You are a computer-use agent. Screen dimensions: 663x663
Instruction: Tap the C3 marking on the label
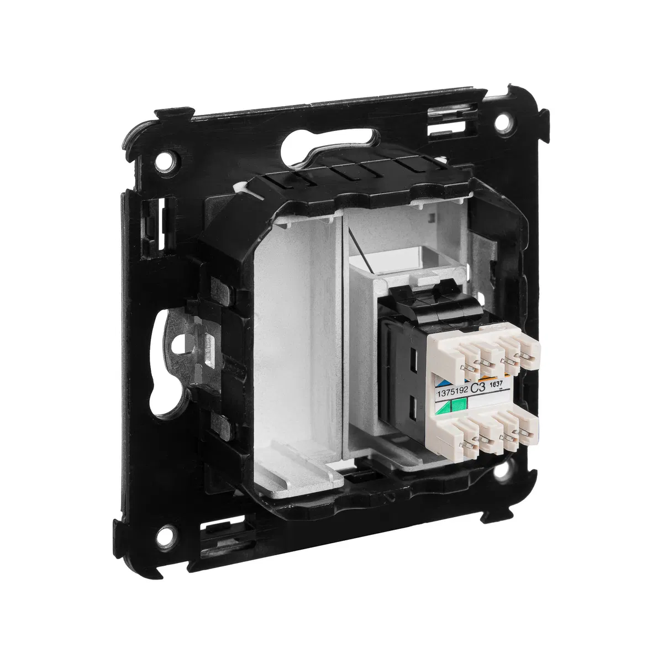(478, 387)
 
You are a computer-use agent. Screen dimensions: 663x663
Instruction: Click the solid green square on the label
(459, 405)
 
